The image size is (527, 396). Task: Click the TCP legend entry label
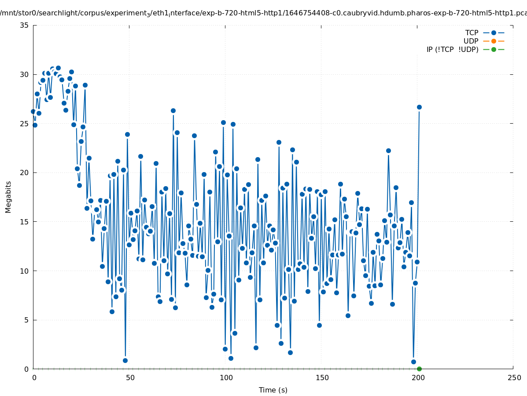coord(472,33)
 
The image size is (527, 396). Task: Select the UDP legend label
coord(471,41)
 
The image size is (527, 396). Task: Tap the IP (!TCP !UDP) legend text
coord(452,49)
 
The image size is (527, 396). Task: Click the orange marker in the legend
coord(494,41)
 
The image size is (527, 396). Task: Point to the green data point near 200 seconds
coord(419,369)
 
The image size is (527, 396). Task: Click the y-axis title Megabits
coord(8,197)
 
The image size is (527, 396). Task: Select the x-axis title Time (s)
coord(273,390)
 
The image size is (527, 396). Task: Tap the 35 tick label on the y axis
coord(24,25)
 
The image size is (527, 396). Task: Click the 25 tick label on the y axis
coord(24,123)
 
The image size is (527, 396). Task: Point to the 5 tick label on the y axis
coord(26,320)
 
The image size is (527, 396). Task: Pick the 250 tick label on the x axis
coord(514,378)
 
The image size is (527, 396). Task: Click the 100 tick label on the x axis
coord(226,378)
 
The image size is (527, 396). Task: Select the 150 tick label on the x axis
coord(322,378)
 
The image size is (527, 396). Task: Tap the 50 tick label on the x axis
coord(130,378)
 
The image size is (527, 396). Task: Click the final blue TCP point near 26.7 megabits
coord(419,107)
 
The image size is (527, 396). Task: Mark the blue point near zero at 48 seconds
coord(125,360)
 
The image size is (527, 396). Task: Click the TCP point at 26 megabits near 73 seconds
coord(173,110)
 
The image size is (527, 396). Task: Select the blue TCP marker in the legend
coord(494,33)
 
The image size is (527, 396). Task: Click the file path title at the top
coord(263,13)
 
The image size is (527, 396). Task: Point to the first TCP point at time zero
coord(33,111)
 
